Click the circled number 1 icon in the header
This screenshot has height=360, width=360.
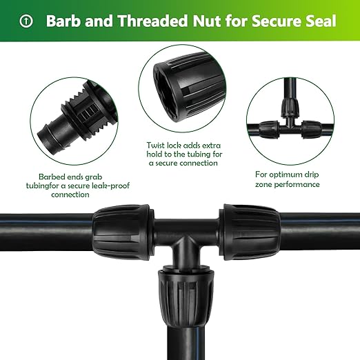26,21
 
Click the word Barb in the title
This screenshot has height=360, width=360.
64,21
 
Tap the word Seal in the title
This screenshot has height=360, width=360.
319,21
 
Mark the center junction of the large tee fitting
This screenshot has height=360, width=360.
183,241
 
